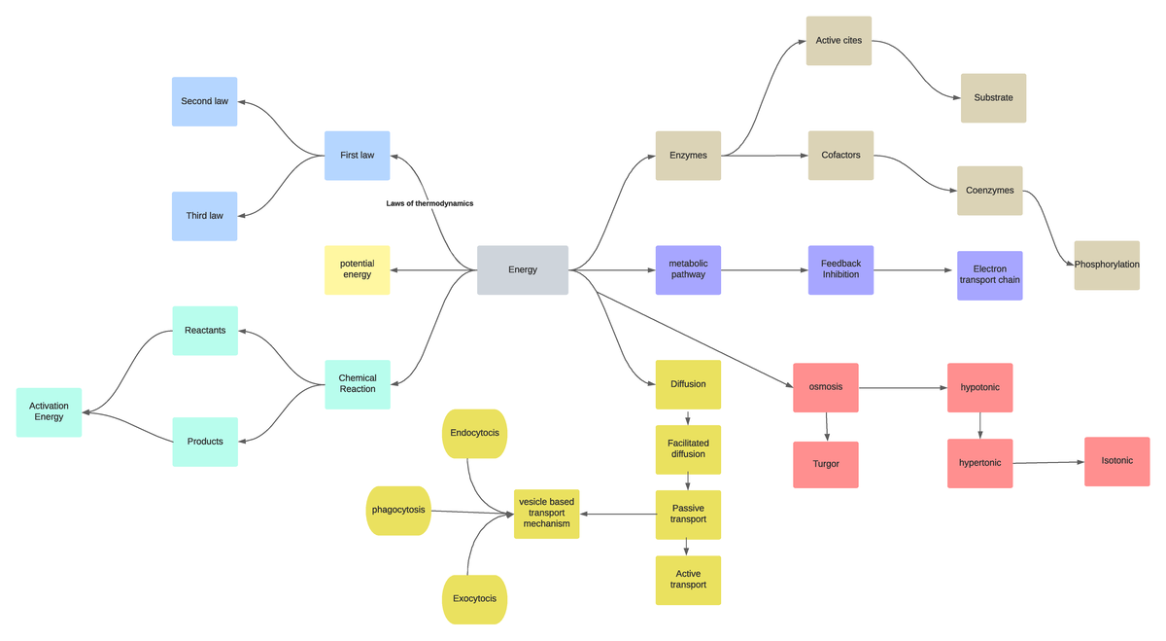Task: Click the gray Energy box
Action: (x=523, y=269)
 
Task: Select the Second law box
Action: (x=204, y=101)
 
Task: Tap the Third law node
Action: (x=204, y=216)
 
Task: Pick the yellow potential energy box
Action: (x=357, y=269)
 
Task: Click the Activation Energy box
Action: (x=49, y=412)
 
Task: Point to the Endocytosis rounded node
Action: (x=474, y=433)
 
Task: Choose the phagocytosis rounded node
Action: (x=398, y=511)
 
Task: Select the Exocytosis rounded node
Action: (x=474, y=598)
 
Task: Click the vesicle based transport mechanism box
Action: (x=546, y=513)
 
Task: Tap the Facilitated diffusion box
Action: (x=688, y=448)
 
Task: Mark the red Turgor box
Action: (x=826, y=464)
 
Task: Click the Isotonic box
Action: (x=1117, y=461)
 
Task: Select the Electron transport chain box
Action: (x=989, y=275)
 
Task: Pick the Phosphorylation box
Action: (x=1107, y=265)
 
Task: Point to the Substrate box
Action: (x=993, y=97)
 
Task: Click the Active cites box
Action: (x=839, y=41)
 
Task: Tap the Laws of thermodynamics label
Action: (x=429, y=203)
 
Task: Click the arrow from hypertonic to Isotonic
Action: (x=1048, y=462)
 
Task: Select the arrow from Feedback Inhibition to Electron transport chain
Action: (x=914, y=269)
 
